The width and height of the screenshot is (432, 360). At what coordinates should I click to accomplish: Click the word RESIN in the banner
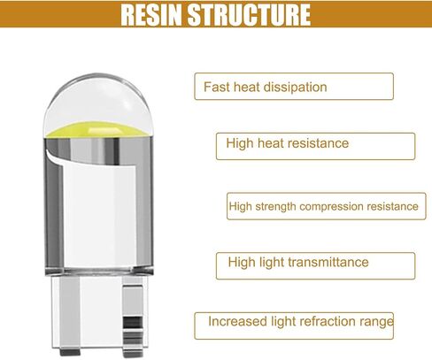151,14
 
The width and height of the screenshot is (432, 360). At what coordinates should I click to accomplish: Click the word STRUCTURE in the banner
249,14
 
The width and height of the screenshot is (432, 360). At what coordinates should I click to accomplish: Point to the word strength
275,206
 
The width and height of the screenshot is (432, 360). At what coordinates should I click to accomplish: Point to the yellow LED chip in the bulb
99,130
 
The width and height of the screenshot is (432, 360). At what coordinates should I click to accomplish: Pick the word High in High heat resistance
240,143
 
